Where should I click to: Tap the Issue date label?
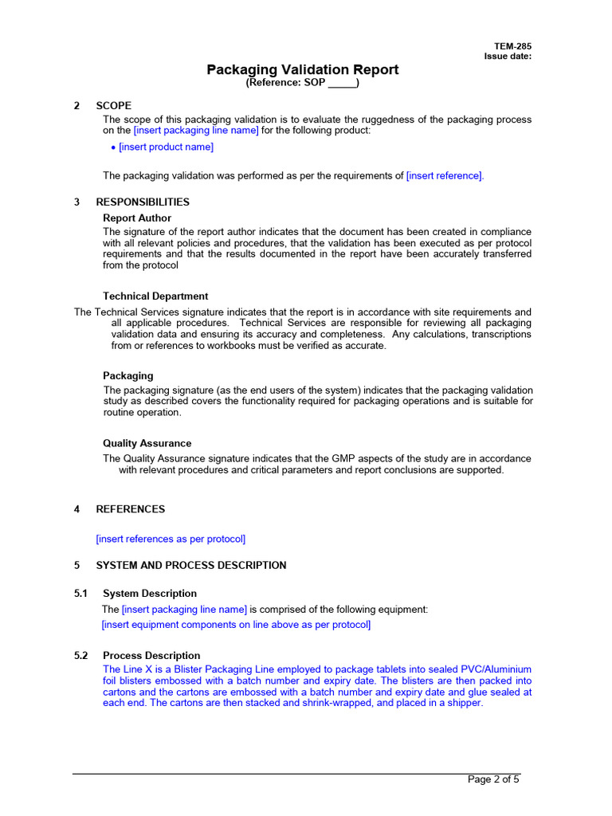(508, 57)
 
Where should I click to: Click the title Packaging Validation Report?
(303, 70)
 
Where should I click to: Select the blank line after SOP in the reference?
(342, 84)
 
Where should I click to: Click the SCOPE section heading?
(114, 105)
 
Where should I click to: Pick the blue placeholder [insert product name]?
(166, 147)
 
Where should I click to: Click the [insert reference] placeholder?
(445, 175)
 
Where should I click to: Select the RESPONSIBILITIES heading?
(143, 202)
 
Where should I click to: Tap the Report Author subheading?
(137, 218)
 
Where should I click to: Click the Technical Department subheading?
(155, 296)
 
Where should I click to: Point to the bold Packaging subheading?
(128, 375)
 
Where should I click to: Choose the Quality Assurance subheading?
(147, 443)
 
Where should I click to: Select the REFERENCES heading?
(131, 509)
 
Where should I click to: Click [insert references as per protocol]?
(171, 539)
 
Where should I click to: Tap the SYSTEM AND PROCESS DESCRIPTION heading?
(191, 565)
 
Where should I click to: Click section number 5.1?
(81, 594)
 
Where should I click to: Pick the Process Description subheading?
(151, 655)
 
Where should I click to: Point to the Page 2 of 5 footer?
(493, 779)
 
